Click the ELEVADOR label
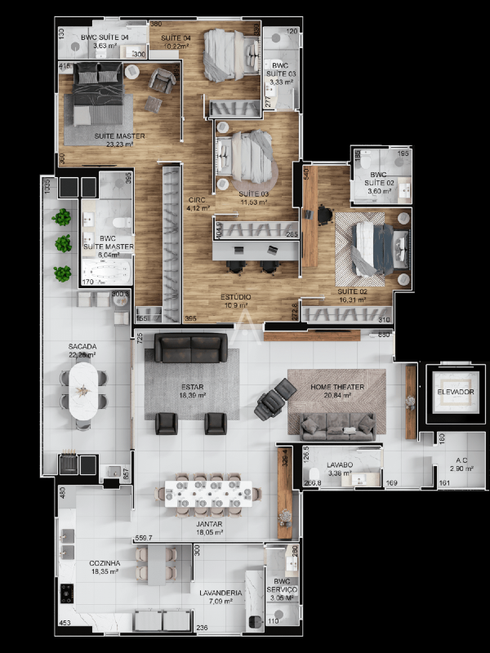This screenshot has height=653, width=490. (x=456, y=392)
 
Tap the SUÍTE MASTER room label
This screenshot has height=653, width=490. (x=119, y=135)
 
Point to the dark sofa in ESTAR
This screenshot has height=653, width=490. (x=191, y=347)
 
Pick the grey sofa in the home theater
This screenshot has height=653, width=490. (x=338, y=424)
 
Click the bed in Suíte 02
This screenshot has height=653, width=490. (x=378, y=247)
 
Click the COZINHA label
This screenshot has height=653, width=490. (x=105, y=563)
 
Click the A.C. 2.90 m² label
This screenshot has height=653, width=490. (x=461, y=464)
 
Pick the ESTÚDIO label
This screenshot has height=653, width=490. (x=236, y=297)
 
